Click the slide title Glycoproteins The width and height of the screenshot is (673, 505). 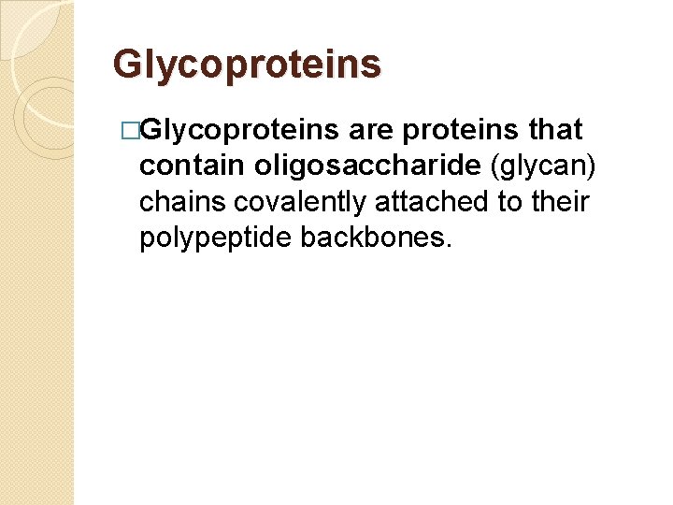(x=247, y=65)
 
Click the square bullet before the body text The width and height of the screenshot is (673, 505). (x=145, y=131)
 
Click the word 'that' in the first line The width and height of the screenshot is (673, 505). (x=555, y=130)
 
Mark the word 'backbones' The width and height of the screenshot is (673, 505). (x=374, y=238)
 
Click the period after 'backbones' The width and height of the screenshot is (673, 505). (x=450, y=245)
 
